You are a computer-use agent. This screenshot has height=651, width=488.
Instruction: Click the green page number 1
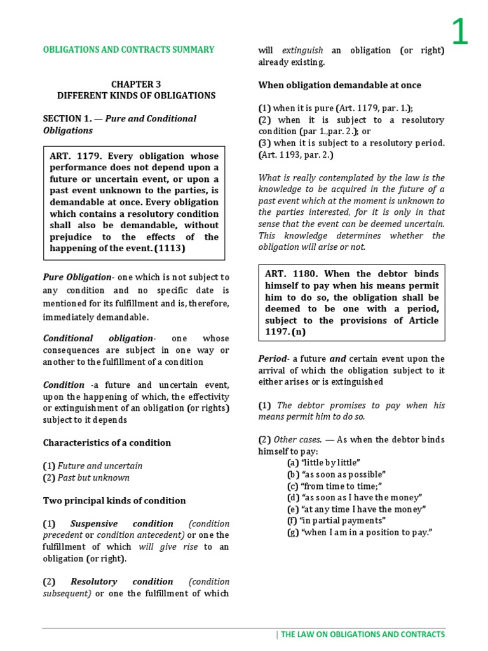pos(459,32)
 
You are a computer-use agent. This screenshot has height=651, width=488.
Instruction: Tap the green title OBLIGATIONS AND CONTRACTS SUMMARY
pos(128,50)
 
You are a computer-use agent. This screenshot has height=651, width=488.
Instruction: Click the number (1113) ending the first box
pos(166,249)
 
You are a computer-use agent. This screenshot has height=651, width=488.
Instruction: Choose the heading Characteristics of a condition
pos(107,442)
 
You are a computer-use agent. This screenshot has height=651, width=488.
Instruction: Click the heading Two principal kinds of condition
pos(114,500)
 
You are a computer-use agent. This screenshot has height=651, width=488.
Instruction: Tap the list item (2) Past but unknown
pos(86,477)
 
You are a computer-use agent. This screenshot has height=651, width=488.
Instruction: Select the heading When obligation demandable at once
pos(339,85)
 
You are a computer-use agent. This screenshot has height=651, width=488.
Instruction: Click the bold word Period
pos(273,359)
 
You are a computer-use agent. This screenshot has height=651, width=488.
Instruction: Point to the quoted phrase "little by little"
pos(324,463)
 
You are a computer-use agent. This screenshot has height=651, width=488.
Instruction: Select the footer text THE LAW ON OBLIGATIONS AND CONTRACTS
pos(363,634)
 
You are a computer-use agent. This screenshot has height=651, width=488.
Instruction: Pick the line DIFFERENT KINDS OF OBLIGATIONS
pos(136,95)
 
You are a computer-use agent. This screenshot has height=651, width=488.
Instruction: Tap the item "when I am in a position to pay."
pos(360,532)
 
